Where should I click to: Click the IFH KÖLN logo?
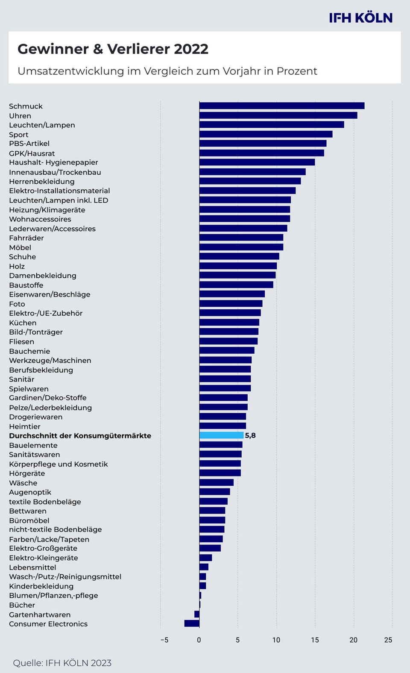pos(360,18)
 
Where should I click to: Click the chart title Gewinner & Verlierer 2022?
pos(113,49)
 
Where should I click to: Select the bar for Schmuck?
pos(282,106)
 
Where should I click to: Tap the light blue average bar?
pos(221,435)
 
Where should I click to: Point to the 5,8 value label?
pos(250,435)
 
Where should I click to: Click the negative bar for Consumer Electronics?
pos(192,623)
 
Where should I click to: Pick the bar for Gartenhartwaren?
pos(197,614)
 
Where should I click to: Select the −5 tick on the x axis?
pos(164,640)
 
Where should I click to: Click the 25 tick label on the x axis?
pos(388,640)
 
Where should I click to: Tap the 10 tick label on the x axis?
pos(276,640)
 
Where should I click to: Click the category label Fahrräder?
pos(26,238)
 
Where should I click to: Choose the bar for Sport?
pos(266,134)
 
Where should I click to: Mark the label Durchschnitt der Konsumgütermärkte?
pos(80,436)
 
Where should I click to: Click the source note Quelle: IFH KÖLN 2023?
pos(62,663)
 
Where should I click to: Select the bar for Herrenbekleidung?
pos(250,181)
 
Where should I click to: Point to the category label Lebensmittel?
pos(32,567)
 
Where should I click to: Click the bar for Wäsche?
pos(216,482)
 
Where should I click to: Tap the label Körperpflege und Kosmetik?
pos(59,464)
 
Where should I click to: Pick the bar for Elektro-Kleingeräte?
pos(205,558)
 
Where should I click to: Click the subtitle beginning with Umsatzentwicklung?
pos(167,71)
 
